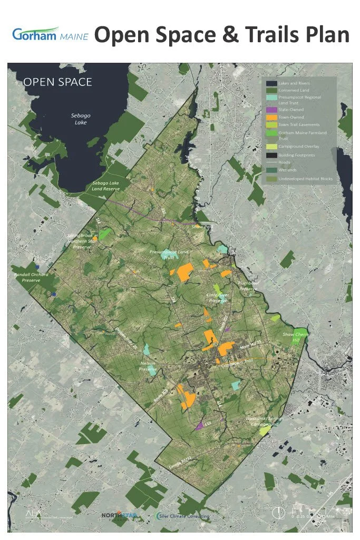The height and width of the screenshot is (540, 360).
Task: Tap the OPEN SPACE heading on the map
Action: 58,82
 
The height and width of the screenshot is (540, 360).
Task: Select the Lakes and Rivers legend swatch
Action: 271,83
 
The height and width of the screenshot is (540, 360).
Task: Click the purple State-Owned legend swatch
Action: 271,109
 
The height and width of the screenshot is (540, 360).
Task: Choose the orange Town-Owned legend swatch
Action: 271,117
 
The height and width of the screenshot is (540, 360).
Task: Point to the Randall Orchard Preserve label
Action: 31,277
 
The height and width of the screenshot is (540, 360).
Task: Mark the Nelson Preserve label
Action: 148,367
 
